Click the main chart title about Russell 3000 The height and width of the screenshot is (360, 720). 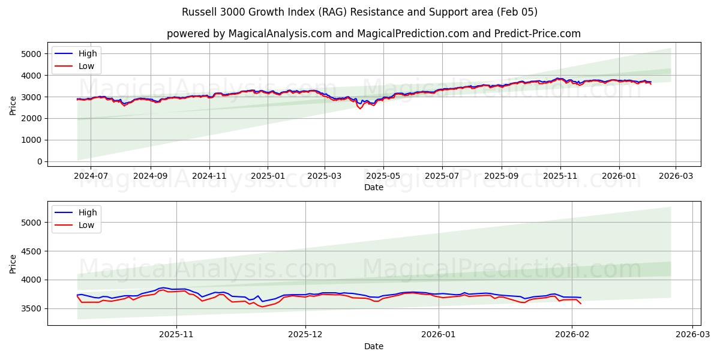(359, 12)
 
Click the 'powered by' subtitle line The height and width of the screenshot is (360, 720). (373, 34)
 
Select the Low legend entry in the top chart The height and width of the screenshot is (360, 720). (86, 66)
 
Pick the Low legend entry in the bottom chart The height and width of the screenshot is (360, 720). (86, 225)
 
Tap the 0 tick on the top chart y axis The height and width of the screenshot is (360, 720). (39, 161)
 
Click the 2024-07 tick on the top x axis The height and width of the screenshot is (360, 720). (91, 176)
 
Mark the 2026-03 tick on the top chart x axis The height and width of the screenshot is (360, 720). (676, 176)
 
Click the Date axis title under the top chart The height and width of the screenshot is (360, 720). (373, 187)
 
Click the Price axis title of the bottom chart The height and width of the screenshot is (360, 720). (13, 263)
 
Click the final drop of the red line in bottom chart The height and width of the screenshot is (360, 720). (580, 303)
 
